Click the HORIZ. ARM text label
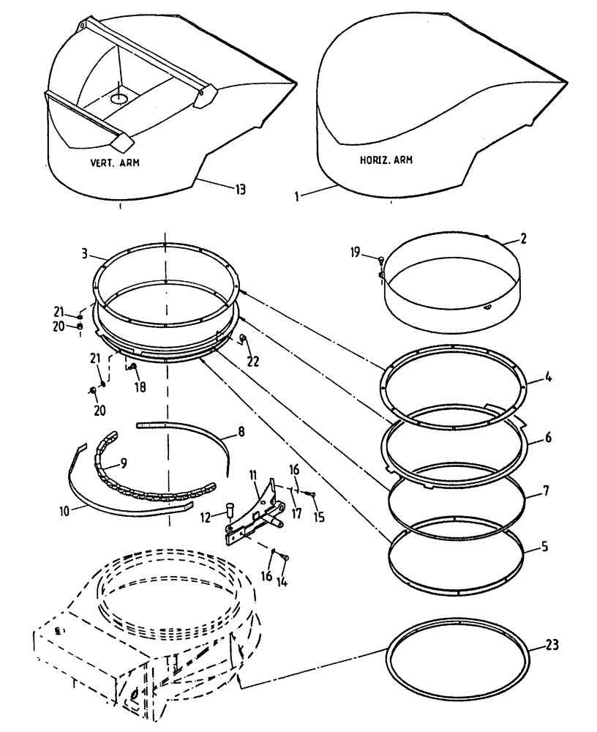pos(386,160)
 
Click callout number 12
pos(206,517)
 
